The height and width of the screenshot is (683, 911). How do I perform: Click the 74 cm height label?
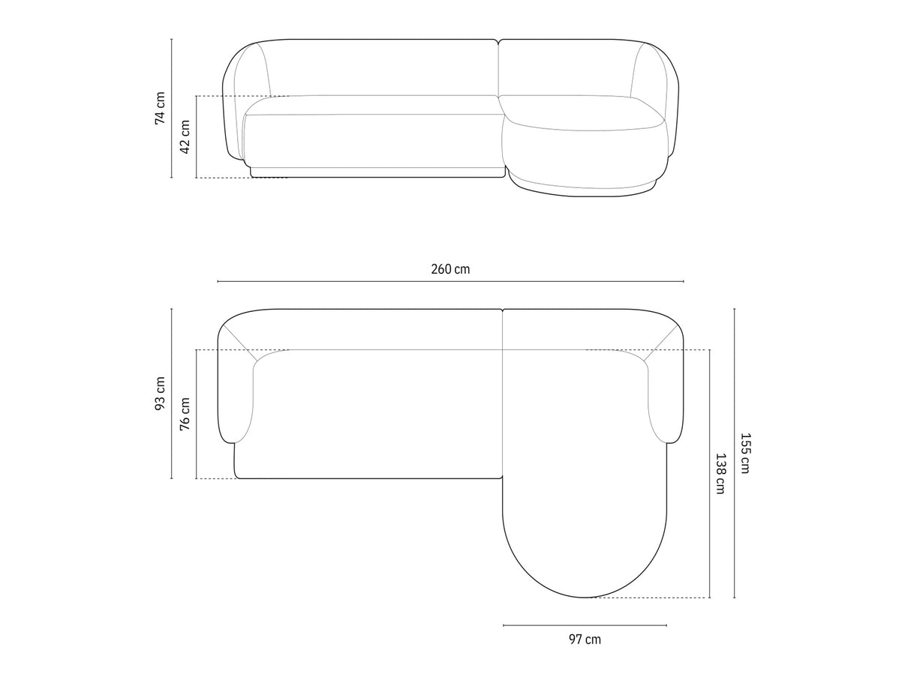[x=160, y=108]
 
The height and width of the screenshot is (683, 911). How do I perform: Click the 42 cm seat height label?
[x=185, y=137]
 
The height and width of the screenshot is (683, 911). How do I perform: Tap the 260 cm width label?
[x=450, y=269]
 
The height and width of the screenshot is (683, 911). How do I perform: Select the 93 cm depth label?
[x=160, y=394]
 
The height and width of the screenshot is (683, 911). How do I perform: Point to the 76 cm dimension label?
[x=185, y=414]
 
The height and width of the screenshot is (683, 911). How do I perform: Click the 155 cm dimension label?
[x=745, y=454]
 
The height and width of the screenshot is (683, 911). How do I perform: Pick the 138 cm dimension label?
[x=721, y=474]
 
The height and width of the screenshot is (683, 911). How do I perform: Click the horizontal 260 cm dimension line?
[x=450, y=282]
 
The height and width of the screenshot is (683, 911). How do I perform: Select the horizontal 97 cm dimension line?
[x=585, y=625]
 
